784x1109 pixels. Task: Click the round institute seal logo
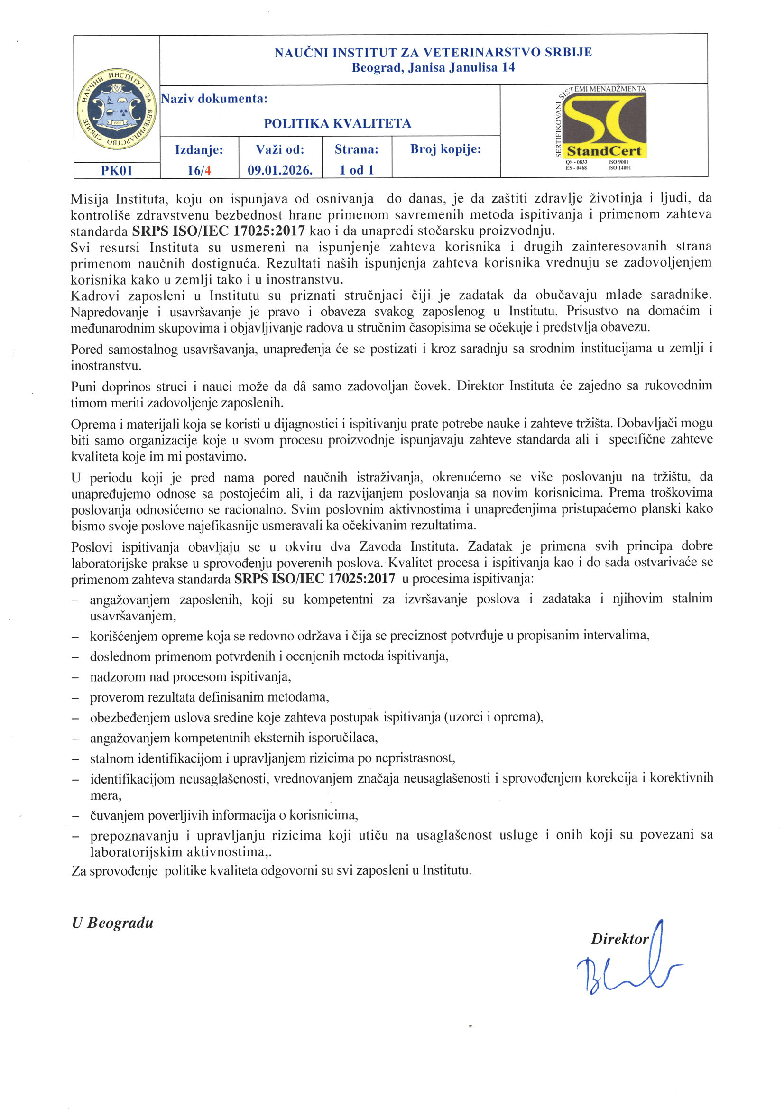[x=116, y=108]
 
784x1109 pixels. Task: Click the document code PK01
[x=116, y=170]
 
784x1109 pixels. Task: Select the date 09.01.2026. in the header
[x=280, y=170]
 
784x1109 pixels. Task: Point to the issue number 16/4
[x=199, y=170]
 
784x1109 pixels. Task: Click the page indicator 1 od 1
[x=357, y=170]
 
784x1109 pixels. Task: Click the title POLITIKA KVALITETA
[x=337, y=124]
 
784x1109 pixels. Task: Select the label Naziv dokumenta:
[x=214, y=99]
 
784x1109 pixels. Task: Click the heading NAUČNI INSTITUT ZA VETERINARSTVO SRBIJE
[x=433, y=52]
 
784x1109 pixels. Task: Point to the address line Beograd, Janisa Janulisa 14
[x=433, y=67]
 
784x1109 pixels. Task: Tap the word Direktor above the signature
[x=619, y=939]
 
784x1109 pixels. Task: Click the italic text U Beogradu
[x=112, y=923]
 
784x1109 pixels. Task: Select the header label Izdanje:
[x=199, y=149]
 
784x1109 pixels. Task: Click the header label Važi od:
[x=280, y=149]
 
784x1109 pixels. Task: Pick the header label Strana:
[x=357, y=149]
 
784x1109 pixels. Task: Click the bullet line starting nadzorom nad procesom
[x=190, y=677]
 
